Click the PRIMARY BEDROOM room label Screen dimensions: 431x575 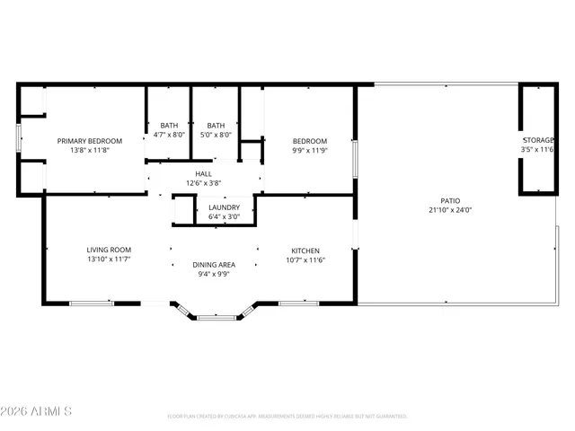90,141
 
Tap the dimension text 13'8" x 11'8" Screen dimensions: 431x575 90,151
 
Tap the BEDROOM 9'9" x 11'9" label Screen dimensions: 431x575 309,141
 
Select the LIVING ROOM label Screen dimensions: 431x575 110,251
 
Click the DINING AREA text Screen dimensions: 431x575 214,265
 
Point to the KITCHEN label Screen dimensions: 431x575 305,251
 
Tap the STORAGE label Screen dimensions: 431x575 538,141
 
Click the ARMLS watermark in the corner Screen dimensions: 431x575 38,411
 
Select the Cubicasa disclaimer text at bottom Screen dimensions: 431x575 287,417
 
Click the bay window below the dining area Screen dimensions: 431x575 215,316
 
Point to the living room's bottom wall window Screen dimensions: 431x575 92,303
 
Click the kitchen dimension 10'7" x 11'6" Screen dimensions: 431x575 305,260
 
